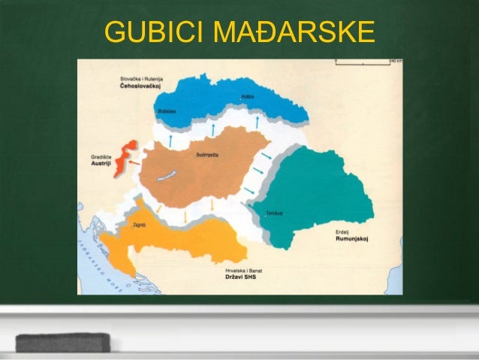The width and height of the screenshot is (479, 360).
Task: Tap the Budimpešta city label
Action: (x=206, y=154)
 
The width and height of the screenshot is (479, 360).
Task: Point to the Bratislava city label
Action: (x=166, y=110)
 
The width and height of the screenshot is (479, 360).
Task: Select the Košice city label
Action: (x=247, y=97)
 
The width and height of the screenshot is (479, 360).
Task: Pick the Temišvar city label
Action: (x=273, y=213)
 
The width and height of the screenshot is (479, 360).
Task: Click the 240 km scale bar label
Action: (x=395, y=60)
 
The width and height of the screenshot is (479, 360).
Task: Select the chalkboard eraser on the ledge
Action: (x=63, y=342)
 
